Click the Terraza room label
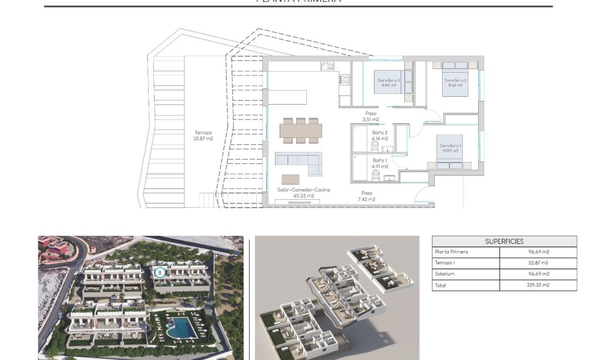pos(203,133)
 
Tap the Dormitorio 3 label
pos(389,80)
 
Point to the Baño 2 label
pos(380,133)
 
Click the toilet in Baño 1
pos(376,173)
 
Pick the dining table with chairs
pos(301,130)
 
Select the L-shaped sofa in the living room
pos(300,162)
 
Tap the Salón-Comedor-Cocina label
pos(303,190)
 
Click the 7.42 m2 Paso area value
pos(366,199)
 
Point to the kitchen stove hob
pos(344,80)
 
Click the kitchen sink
pos(328,66)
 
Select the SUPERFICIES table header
pos(504,242)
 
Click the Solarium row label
pos(445,274)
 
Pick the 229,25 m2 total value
pos(538,285)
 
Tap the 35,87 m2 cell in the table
pos(538,263)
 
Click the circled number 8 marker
pos(159,273)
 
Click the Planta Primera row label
pos(451,252)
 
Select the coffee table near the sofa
pos(290,179)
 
